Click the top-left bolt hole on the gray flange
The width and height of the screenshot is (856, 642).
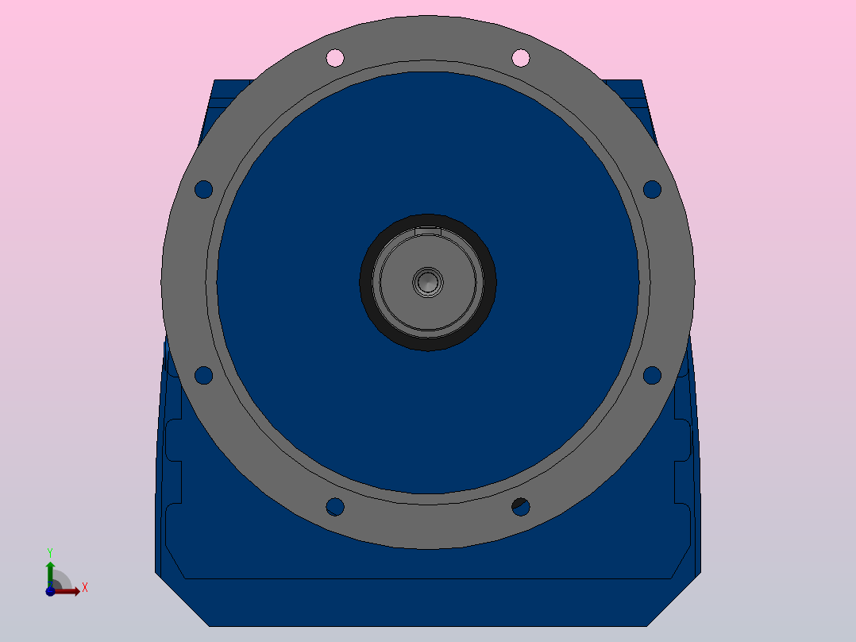tap(335, 57)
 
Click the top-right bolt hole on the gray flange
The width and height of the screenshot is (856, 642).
tap(521, 57)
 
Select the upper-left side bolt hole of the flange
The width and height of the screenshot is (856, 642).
tap(204, 189)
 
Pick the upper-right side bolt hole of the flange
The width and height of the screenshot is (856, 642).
tap(652, 189)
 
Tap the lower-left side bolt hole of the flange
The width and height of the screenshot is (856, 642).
tap(204, 375)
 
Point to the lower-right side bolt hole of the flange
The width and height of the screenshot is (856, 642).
tap(652, 375)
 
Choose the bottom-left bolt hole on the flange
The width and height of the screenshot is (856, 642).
tap(335, 506)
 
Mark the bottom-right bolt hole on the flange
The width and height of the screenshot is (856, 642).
tap(521, 506)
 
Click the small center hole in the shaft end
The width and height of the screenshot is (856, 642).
tap(428, 281)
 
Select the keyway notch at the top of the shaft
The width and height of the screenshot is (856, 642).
tap(428, 231)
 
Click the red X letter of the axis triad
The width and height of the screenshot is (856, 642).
tap(84, 587)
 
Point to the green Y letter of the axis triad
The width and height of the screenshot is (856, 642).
tap(50, 551)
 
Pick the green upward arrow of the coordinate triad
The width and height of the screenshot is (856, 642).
tap(50, 569)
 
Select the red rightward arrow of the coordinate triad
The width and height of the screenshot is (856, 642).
tap(70, 591)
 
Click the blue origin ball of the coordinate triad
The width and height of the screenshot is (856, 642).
tap(50, 591)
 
